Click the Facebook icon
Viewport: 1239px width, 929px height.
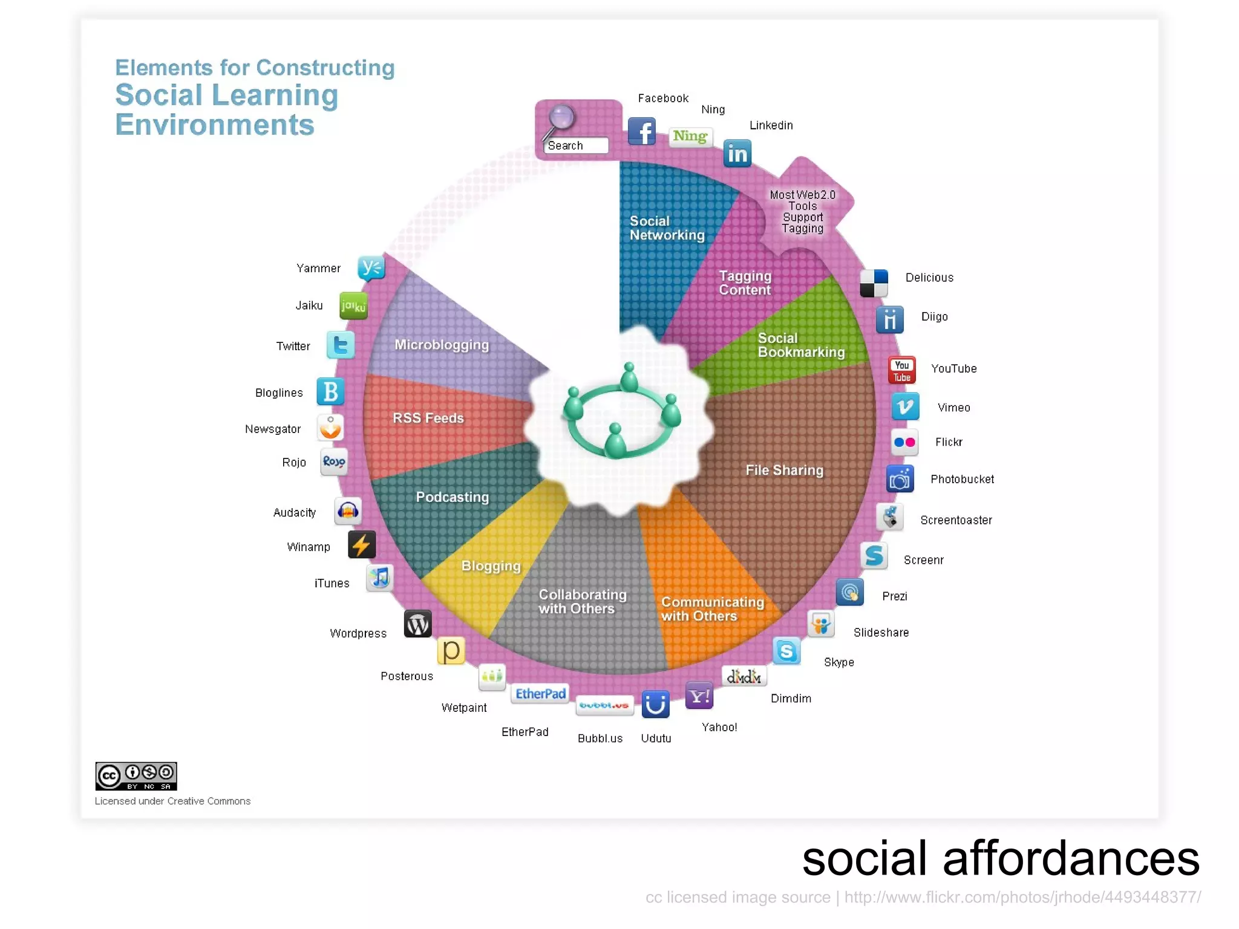(642, 131)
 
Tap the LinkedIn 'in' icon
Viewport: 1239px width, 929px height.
(737, 154)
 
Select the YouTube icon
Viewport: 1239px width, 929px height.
(901, 370)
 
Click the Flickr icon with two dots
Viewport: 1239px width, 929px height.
(904, 442)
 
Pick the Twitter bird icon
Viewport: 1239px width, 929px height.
(341, 345)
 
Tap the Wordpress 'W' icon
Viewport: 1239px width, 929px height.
(417, 624)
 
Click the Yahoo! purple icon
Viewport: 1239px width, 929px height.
(699, 696)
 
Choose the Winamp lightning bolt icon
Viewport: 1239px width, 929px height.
(362, 545)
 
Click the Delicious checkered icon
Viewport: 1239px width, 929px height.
(874, 283)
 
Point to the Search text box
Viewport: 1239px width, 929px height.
(576, 146)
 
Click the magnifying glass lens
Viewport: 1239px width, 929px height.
(562, 117)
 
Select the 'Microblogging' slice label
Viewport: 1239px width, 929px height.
(442, 345)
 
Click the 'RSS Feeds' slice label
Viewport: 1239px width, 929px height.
(428, 418)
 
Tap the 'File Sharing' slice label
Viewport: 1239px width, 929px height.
(784, 470)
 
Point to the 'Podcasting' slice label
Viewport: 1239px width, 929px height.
(452, 497)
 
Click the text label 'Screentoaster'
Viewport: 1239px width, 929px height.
(956, 520)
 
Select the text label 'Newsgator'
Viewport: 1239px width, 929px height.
(273, 429)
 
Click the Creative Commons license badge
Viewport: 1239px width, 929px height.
(136, 776)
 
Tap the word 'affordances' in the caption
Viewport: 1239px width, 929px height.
(1071, 859)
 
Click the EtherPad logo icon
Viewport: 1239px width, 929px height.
(540, 694)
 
